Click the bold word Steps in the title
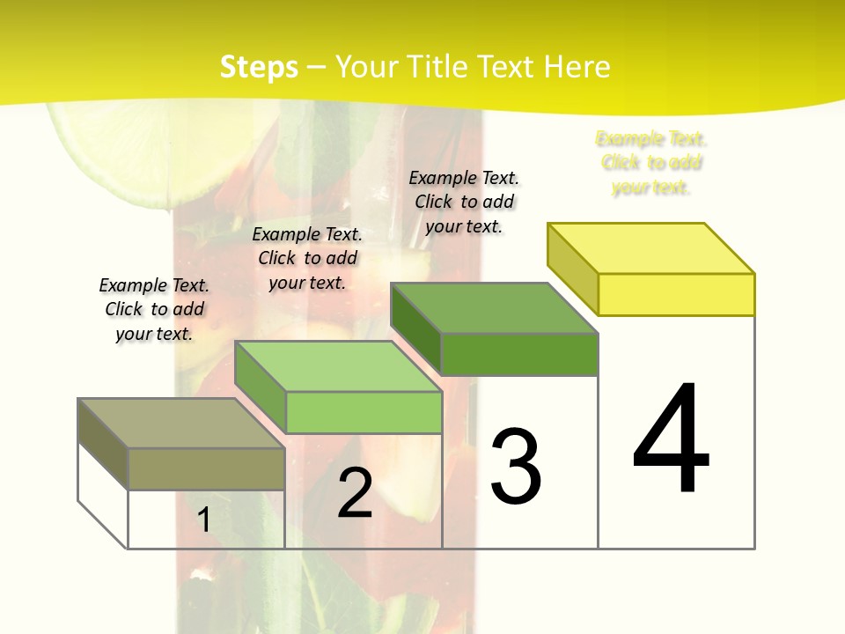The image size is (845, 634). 259,67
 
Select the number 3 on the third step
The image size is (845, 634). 516,467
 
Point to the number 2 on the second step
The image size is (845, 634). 355,493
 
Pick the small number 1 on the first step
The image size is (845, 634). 204,520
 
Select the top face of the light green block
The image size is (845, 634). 338,366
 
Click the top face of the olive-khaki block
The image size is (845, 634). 181,424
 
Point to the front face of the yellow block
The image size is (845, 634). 676,294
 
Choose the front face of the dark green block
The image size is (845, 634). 519,354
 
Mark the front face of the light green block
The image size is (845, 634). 364,412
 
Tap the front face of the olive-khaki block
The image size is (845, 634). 206,468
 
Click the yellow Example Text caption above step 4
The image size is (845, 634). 651,163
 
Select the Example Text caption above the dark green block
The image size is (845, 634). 464,202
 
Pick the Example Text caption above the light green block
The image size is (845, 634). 307,258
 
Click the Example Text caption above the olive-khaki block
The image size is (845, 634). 154,309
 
